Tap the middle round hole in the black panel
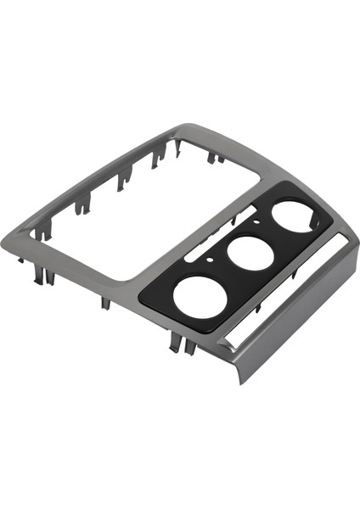pos(246,252)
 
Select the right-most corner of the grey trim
pos(349,247)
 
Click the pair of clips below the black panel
pos(178,342)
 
